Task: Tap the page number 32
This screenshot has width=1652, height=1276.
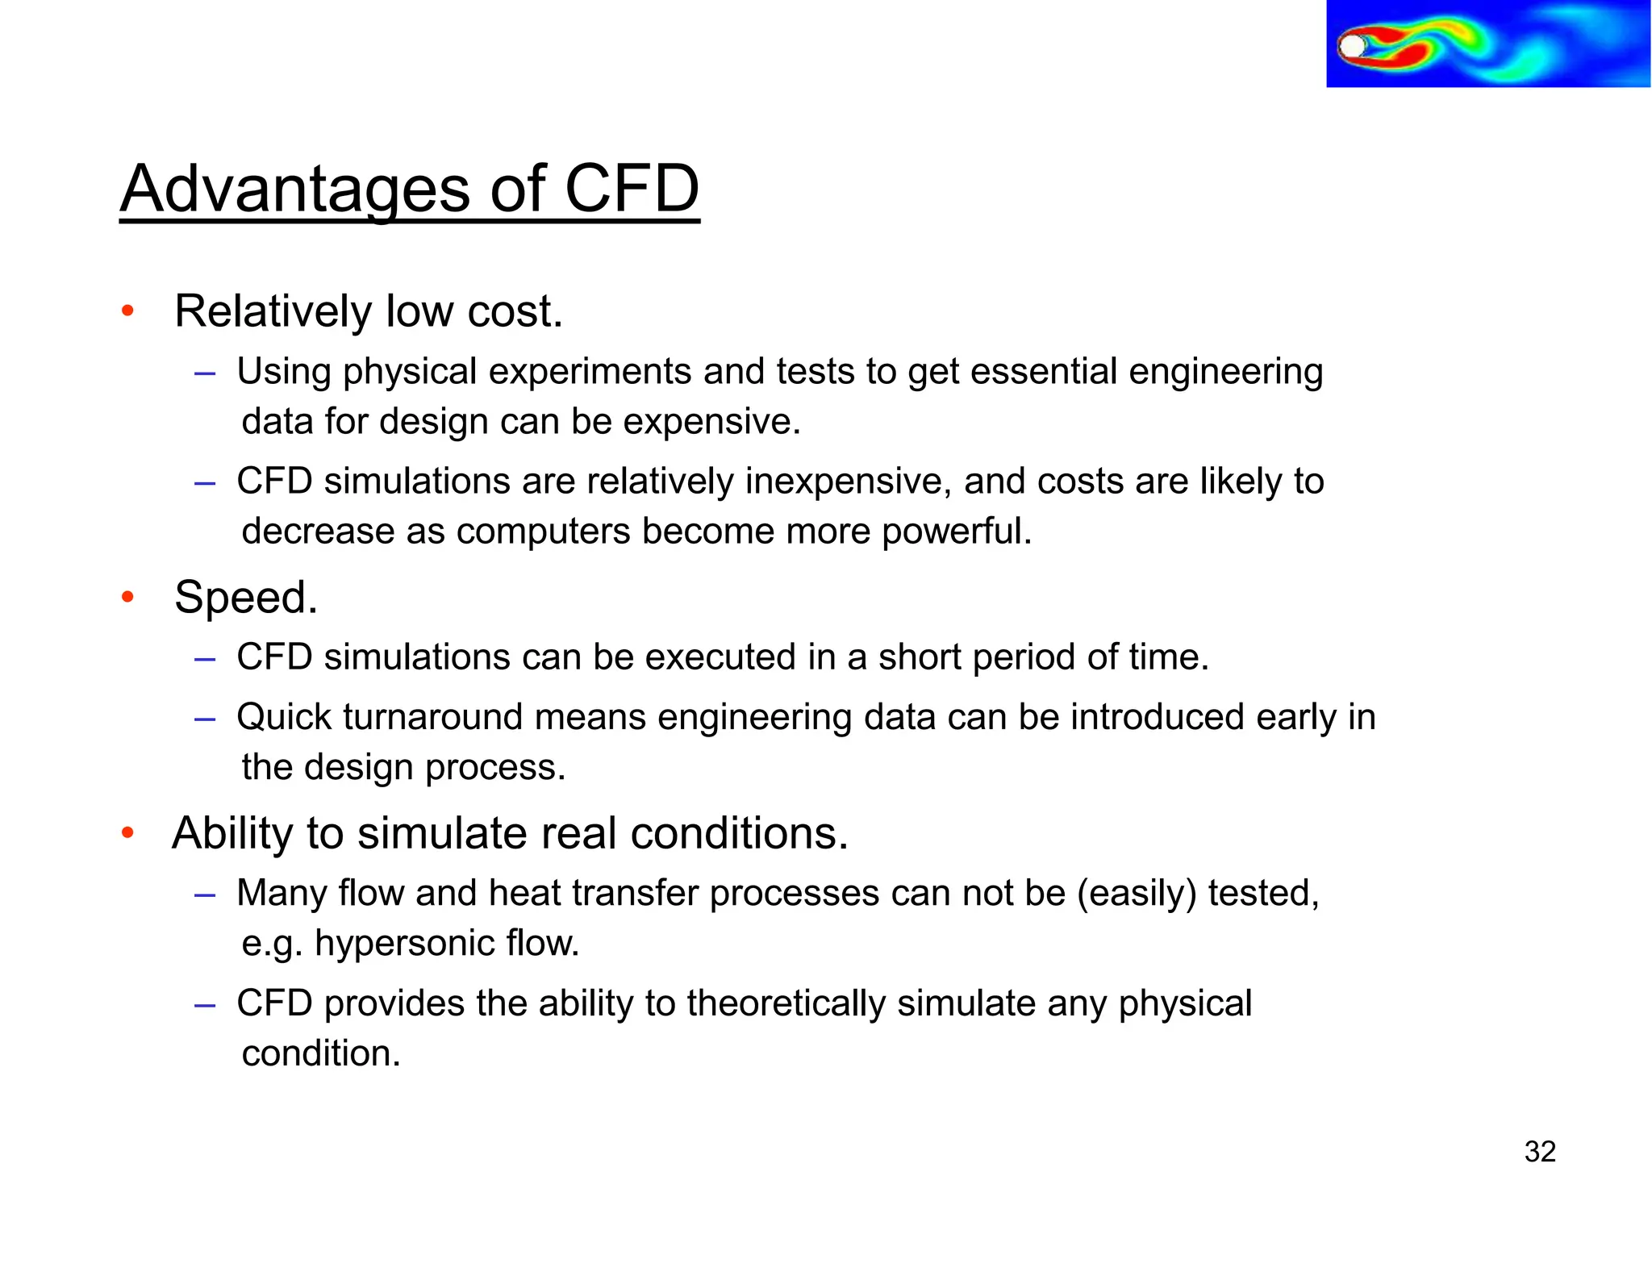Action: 1539,1151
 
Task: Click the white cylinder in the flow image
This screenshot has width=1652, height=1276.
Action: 1352,46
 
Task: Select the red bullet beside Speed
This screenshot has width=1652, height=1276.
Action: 127,597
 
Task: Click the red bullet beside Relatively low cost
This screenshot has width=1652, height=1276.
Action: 127,311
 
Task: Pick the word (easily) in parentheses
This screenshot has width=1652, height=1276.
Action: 1137,894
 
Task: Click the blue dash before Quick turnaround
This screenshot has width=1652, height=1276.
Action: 205,718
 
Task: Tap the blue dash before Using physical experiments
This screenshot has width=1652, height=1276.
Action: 205,373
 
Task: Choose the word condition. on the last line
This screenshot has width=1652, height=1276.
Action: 321,1053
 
